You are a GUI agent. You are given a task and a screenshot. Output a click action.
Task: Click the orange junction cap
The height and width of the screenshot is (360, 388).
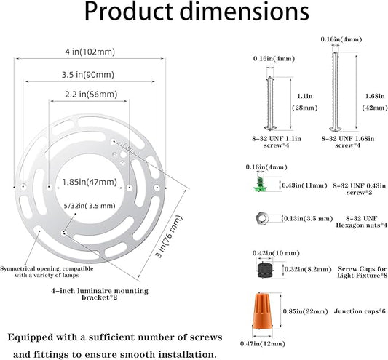(262, 311)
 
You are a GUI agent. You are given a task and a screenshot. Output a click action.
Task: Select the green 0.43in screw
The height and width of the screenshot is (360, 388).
(260, 184)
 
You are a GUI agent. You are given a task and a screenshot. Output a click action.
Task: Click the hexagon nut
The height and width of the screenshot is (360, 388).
(262, 218)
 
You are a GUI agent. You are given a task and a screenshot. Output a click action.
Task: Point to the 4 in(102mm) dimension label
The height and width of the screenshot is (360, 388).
(90, 52)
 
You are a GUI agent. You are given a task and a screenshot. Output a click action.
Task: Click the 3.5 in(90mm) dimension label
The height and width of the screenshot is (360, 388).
(88, 75)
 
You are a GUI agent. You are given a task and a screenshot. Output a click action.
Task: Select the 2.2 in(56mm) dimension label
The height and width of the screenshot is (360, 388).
(91, 95)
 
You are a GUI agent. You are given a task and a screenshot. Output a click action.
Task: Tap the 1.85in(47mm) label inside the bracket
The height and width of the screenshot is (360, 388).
(90, 182)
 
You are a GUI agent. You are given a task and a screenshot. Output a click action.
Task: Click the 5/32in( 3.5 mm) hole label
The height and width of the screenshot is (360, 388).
(90, 206)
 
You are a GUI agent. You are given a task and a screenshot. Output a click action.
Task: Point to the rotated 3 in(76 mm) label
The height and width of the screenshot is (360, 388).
(169, 236)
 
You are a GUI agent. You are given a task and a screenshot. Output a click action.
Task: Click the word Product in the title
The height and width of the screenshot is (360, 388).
(128, 11)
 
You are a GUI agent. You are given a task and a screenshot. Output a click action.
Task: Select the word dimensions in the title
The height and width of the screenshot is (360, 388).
(245, 11)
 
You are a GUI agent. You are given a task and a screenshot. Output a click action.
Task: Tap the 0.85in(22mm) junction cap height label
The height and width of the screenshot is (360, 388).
(305, 311)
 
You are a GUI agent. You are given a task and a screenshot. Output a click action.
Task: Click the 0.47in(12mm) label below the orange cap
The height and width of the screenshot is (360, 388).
(263, 344)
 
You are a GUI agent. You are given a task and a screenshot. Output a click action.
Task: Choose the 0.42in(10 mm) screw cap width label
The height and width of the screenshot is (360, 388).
(276, 253)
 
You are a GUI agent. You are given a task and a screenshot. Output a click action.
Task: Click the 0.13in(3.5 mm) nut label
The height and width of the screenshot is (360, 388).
(309, 219)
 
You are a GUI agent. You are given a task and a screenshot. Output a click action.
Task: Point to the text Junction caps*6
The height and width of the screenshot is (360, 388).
(360, 311)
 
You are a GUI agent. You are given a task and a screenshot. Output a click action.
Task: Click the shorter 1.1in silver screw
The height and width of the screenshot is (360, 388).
(270, 103)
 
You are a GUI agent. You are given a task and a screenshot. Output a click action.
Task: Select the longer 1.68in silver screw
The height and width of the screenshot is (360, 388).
(336, 92)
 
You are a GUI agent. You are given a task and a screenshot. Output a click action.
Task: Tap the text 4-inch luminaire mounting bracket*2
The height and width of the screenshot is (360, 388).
(100, 294)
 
